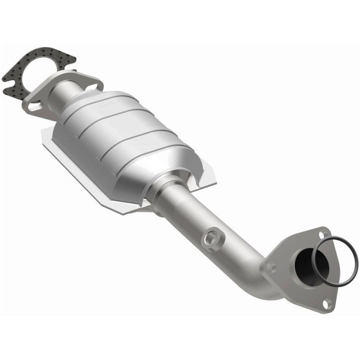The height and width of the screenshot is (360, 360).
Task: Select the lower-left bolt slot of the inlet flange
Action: point(34,106)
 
